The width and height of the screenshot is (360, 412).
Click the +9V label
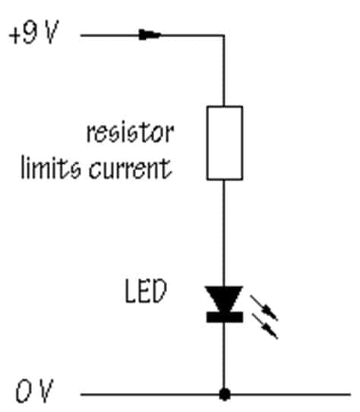(33, 33)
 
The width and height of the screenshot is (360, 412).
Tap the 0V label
(34, 392)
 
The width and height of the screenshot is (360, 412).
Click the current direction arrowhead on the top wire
(150, 35)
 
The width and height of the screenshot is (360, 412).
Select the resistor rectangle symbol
(225, 143)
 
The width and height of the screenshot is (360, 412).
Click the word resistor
(130, 133)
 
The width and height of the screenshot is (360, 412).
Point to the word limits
(50, 168)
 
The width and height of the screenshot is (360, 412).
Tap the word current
(131, 168)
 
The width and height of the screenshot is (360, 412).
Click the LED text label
(145, 291)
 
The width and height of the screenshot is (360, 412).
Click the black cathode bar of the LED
(225, 317)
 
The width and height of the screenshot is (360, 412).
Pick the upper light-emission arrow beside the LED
(264, 308)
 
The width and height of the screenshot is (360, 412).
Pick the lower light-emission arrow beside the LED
(264, 326)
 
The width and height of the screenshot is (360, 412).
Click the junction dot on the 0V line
(224, 395)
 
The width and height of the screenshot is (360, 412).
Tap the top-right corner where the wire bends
(224, 35)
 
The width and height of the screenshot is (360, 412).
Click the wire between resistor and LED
(224, 233)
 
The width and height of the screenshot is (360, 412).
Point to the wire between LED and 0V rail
(224, 356)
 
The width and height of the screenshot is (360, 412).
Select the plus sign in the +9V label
(14, 36)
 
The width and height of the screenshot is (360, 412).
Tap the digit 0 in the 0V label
(23, 392)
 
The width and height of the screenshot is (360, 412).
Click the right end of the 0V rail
(350, 395)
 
